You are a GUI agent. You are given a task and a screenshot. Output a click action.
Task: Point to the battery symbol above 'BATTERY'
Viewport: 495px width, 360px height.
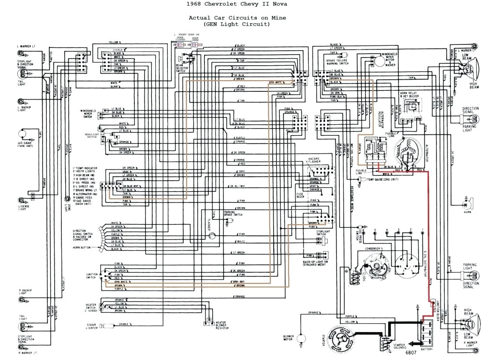pyautogui.click(x=425, y=331)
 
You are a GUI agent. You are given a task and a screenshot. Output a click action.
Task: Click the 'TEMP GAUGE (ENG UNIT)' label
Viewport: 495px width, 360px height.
pyautogui.click(x=384, y=179)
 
